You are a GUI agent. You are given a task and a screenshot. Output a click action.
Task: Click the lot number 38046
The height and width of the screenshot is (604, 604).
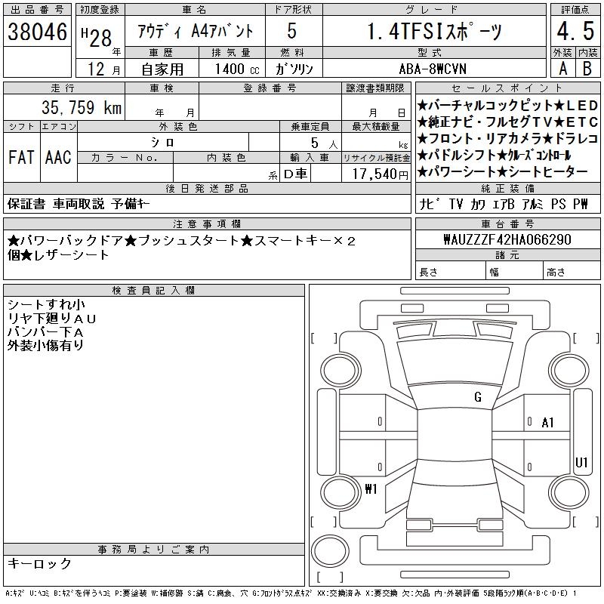tap(37, 32)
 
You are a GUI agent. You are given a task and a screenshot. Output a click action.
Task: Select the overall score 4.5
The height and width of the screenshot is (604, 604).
tap(575, 31)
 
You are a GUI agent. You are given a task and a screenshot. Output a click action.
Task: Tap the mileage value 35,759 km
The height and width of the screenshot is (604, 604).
tap(82, 107)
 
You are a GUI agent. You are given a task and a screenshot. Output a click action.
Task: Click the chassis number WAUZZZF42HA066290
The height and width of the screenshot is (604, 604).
tap(507, 239)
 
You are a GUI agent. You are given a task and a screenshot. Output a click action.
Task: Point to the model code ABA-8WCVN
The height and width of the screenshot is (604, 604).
tap(433, 69)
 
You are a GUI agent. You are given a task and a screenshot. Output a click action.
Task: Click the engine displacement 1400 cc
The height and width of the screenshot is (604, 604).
tap(237, 69)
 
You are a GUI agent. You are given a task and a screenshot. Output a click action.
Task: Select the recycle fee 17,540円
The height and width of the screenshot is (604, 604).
tap(381, 174)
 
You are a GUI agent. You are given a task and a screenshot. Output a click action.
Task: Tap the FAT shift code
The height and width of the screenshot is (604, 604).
tap(21, 157)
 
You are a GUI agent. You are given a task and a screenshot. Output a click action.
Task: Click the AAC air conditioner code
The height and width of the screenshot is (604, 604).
tap(58, 157)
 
